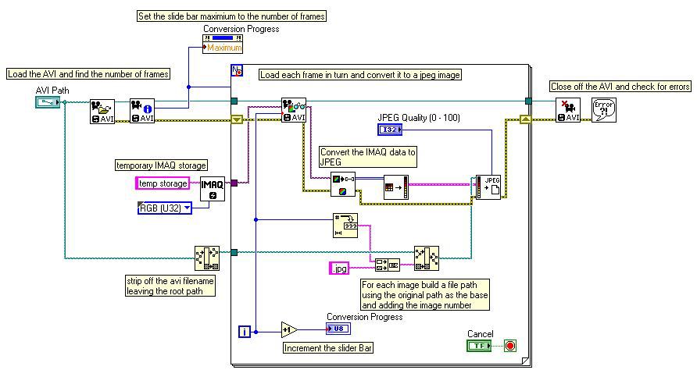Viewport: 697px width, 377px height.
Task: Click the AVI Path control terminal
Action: pyautogui.click(x=47, y=101)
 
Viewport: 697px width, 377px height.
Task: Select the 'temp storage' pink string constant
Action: pyautogui.click(x=163, y=183)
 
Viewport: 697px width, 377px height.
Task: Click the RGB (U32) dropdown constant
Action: pyautogui.click(x=164, y=208)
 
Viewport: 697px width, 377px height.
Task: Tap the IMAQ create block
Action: pyautogui.click(x=213, y=189)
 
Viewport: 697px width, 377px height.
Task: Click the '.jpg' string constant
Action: pyautogui.click(x=339, y=269)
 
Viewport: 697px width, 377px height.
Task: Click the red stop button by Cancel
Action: pyautogui.click(x=510, y=345)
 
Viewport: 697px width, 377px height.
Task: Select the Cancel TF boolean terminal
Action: pyautogui.click(x=480, y=345)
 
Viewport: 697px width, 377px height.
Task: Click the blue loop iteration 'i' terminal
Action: pyautogui.click(x=245, y=332)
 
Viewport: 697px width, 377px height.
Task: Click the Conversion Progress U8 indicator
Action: pyautogui.click(x=338, y=329)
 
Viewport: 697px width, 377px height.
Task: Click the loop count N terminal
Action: pyautogui.click(x=236, y=71)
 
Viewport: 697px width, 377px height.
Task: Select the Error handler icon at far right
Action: pyautogui.click(x=604, y=110)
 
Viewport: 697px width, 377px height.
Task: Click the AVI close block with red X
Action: pyautogui.click(x=568, y=110)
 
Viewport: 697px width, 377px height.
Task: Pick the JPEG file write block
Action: pyautogui.click(x=489, y=187)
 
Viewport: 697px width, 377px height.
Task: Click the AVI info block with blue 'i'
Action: pyautogui.click(x=142, y=111)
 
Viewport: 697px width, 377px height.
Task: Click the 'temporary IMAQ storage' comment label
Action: pyautogui.click(x=162, y=165)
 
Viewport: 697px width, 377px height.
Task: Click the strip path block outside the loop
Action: pyautogui.click(x=206, y=257)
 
